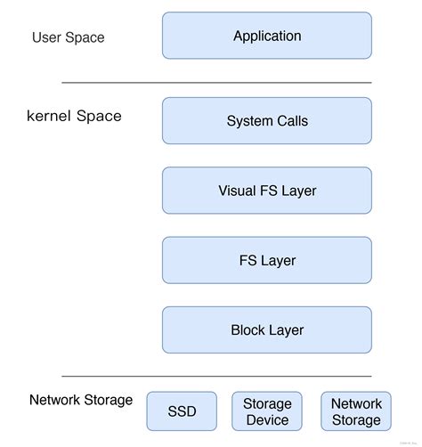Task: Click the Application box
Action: point(266,37)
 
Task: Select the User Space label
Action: point(68,37)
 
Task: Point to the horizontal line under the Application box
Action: point(216,83)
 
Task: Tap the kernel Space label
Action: point(74,116)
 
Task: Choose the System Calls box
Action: point(266,121)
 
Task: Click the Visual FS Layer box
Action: point(266,191)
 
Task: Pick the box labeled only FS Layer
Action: point(266,260)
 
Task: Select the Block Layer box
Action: point(266,329)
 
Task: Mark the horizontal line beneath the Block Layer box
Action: point(216,376)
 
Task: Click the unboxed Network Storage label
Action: point(81,400)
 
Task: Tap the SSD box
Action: point(182,411)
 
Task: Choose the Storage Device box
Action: point(267,411)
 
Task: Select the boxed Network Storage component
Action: point(356,411)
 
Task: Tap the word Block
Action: point(248,329)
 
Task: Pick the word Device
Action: point(267,419)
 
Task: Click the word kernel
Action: point(50,116)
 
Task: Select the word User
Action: point(47,37)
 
